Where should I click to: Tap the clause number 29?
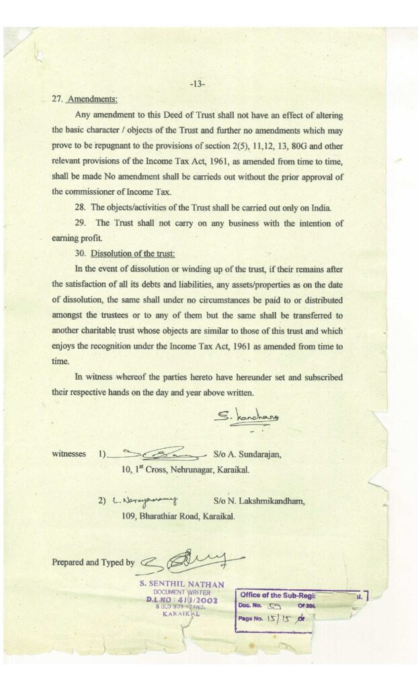pyautogui.click(x=80, y=223)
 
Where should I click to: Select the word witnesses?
pyautogui.click(x=69, y=454)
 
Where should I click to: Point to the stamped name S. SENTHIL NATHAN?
pyautogui.click(x=181, y=585)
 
